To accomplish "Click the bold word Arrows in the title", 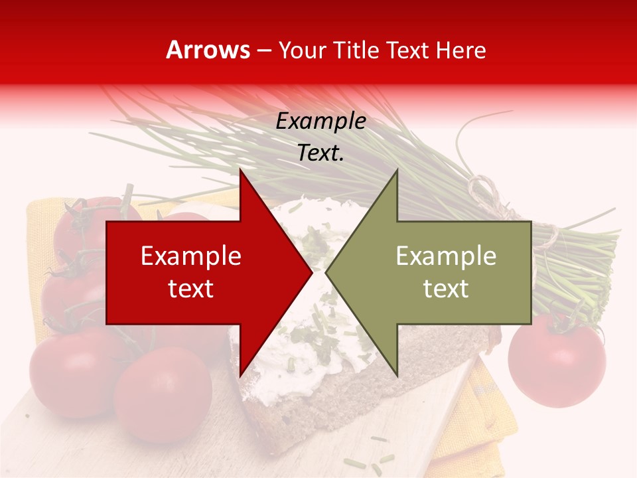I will coord(208,50).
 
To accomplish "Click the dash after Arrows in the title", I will coord(263,50).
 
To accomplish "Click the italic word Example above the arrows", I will coord(320,121).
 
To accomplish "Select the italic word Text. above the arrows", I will coord(320,153).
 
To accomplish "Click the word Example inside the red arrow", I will coord(191,256).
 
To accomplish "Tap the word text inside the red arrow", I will coord(191,288).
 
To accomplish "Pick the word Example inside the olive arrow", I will coord(446,256).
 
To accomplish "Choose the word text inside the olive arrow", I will coord(446,288).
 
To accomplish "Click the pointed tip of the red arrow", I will coord(311,272).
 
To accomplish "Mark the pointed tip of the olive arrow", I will coord(326,272).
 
